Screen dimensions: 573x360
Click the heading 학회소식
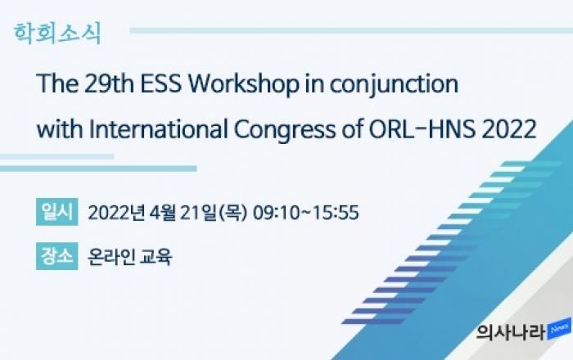[x=57, y=34]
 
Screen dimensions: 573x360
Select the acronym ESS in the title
[x=161, y=84]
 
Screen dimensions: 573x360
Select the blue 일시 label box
[x=57, y=211]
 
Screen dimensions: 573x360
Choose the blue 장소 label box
[x=57, y=256]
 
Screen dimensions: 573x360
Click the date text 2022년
[x=117, y=213]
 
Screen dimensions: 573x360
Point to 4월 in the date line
[x=163, y=213]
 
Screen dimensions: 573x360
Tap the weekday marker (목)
[x=232, y=213]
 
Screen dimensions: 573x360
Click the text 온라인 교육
[x=129, y=256]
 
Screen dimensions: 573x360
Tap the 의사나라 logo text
[x=511, y=332]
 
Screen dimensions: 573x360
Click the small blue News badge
[x=559, y=330]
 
